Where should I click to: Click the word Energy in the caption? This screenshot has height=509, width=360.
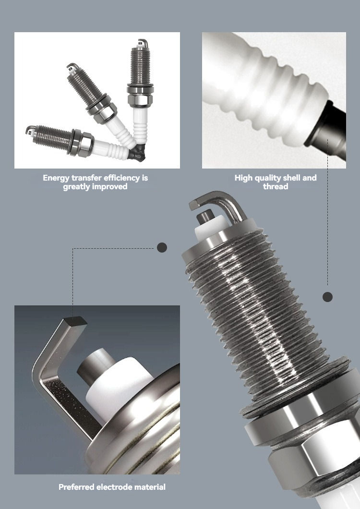[56, 178]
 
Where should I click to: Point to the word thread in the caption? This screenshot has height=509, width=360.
[276, 186]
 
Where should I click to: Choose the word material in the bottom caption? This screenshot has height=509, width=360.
[150, 487]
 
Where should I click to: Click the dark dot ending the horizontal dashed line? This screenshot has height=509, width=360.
[162, 248]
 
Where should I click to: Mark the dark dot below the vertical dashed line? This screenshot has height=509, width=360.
[327, 297]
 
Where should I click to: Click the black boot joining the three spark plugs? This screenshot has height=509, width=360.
[137, 153]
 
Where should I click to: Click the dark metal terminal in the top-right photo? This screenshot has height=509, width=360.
[328, 130]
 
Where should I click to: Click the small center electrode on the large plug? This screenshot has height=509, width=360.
[205, 216]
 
